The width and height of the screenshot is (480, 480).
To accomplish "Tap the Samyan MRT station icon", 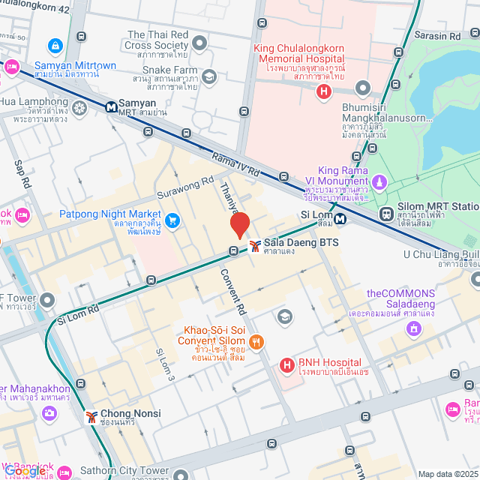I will (x=110, y=106).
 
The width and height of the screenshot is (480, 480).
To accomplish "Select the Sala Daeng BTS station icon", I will (x=255, y=245).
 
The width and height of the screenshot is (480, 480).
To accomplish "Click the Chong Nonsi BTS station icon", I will (x=91, y=416).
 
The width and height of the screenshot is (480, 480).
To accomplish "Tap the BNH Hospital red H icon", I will (x=286, y=365).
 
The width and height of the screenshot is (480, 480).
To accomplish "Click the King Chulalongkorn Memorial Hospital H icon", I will (x=323, y=92).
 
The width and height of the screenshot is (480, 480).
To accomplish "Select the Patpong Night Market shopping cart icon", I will (x=173, y=220).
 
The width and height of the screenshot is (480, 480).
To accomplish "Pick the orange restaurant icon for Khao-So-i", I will (x=256, y=342).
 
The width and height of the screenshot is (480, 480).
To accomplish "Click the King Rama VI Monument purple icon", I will (x=380, y=182).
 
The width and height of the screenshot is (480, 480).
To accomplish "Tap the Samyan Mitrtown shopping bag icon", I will (x=55, y=46).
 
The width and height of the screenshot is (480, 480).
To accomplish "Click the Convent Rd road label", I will (x=233, y=289).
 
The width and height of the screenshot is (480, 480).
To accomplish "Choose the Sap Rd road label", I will (x=22, y=173).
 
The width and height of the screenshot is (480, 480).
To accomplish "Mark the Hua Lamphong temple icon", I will (x=79, y=107).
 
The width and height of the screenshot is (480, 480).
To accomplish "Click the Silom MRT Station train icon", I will (x=386, y=213).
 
